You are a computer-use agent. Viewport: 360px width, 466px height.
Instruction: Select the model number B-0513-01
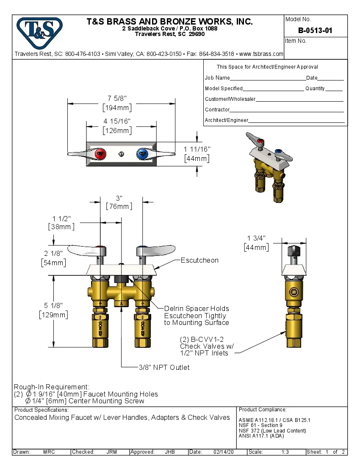315,31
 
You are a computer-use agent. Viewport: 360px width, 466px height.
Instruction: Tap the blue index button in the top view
141,153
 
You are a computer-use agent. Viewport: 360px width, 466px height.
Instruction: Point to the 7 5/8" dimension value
117,98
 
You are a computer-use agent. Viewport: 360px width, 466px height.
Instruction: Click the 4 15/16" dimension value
117,122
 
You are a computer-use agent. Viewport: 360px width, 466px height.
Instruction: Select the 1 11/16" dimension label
197,149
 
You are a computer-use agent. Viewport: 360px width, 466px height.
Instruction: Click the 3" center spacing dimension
119,198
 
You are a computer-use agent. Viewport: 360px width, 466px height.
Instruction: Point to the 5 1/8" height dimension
53,305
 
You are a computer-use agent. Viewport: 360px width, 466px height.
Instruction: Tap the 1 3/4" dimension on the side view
256,238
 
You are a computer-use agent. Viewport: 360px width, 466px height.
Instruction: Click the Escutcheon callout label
199,260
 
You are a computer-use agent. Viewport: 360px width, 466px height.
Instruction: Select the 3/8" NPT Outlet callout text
164,367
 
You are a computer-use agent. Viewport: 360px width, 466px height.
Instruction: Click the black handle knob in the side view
293,251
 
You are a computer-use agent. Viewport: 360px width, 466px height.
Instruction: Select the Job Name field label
217,78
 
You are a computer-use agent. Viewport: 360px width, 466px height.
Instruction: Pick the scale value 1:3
285,452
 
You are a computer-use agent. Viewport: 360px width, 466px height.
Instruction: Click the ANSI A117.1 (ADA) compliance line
261,435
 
